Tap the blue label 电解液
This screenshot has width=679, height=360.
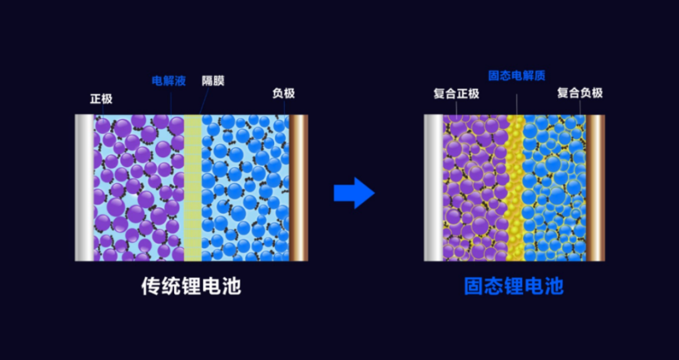(x=169, y=81)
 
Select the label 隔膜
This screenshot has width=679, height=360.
(x=213, y=81)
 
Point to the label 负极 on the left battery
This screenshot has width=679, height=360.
(x=283, y=94)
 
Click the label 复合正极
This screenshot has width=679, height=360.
(x=456, y=94)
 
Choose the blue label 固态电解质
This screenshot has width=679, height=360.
(x=517, y=76)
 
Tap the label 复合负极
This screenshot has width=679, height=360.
(x=580, y=93)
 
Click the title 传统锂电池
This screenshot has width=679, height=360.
(x=191, y=286)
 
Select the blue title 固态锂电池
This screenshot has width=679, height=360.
(x=514, y=286)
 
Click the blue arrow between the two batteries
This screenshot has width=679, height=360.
(x=354, y=192)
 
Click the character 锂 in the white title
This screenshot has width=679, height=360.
(x=191, y=286)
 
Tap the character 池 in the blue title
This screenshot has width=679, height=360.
(x=554, y=286)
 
